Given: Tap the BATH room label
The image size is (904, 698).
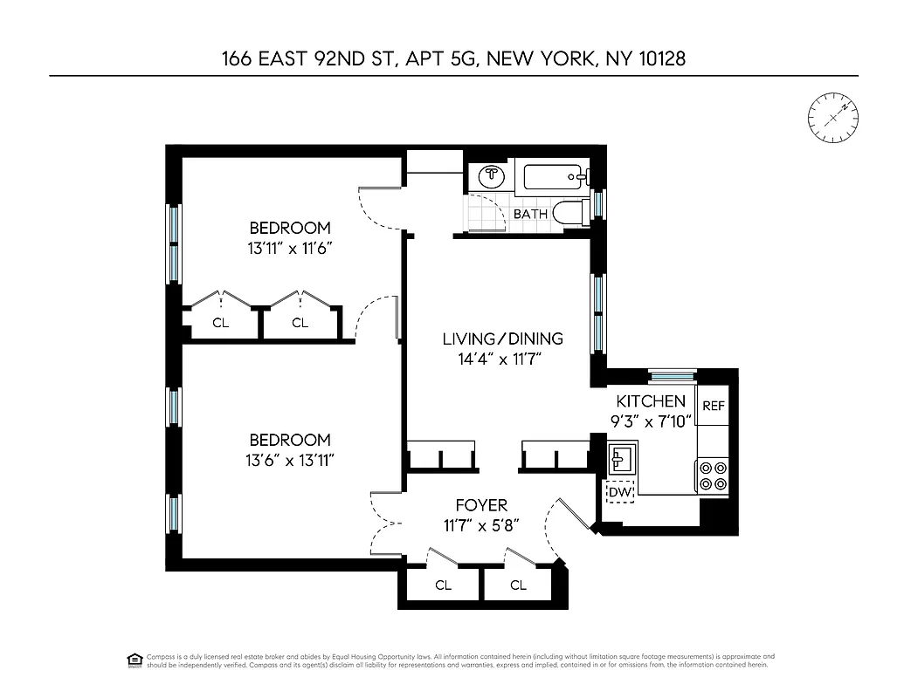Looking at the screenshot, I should point(530,214).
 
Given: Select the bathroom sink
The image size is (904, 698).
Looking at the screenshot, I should point(493,175).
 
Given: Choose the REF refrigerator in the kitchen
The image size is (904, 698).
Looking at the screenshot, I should point(714,406).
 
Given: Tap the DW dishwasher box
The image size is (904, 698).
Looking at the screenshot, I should point(620,493).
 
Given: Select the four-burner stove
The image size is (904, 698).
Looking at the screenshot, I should point(712,475).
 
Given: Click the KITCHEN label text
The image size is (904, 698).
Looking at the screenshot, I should point(651,401).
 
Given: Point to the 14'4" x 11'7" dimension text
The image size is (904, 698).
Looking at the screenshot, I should point(502,359).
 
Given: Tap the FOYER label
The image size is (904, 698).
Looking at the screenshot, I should point(481,505).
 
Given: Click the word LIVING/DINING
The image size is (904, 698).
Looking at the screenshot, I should point(502,339).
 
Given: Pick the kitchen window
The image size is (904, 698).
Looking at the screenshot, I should point(673,376).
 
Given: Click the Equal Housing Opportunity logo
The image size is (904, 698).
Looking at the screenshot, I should point(135,659).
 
